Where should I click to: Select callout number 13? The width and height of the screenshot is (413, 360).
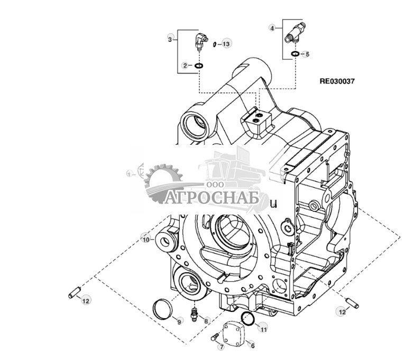226,44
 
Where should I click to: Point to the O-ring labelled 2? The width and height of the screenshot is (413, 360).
199,66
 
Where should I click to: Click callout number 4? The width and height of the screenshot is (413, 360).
272,27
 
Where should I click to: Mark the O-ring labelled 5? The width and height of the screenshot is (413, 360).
296,54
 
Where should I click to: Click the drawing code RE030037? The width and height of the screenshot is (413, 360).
337,81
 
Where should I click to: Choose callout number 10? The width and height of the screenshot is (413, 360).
146,239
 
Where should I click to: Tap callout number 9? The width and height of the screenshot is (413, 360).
179,321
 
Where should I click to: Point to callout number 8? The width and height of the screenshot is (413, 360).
206,320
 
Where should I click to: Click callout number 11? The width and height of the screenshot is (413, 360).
263,328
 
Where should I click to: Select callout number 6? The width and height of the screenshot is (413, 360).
252,346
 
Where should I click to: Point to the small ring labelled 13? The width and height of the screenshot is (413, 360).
215,44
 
